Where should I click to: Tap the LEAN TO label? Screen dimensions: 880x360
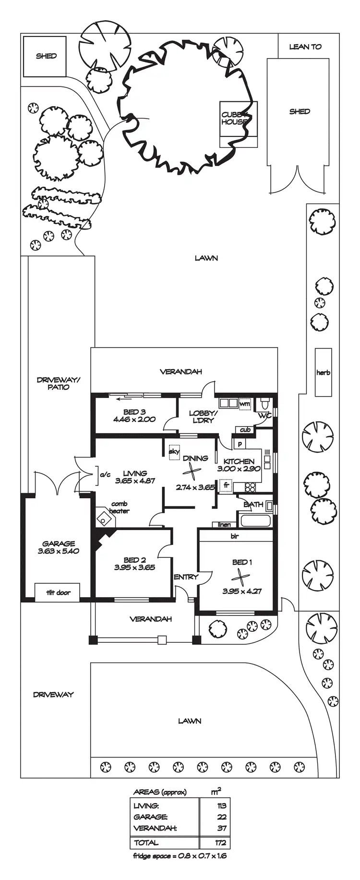[x=305, y=47]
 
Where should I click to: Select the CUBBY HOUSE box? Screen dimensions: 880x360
[x=238, y=124]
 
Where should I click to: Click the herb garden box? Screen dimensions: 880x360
[x=323, y=372]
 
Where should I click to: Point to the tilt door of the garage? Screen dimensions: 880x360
[x=58, y=592]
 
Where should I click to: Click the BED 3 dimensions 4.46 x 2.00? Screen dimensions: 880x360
[x=134, y=419]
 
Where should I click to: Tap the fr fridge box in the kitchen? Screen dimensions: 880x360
[x=226, y=486]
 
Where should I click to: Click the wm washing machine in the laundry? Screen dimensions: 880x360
[x=245, y=403]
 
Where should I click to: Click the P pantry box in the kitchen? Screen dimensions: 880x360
[x=239, y=444]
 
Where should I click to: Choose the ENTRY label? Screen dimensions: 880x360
[x=186, y=577]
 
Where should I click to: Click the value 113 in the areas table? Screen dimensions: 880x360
[x=221, y=806]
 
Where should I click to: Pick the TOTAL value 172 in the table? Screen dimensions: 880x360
[x=221, y=842]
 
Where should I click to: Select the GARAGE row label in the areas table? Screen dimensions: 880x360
[x=150, y=817]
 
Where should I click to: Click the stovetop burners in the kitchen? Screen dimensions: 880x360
[x=250, y=487]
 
